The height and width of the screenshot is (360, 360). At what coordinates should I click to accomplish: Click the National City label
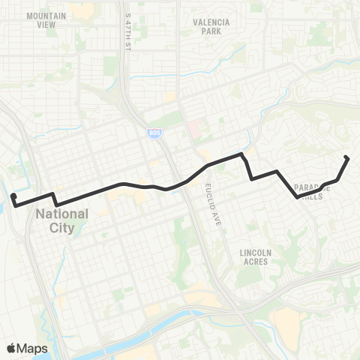(61, 220)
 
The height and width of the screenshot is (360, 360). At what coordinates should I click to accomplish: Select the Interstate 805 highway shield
(153, 133)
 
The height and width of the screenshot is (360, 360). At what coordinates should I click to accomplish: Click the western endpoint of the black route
(13, 196)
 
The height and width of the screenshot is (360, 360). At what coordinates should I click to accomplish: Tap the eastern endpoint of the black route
(346, 157)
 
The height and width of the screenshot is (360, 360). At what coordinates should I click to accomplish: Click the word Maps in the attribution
(33, 348)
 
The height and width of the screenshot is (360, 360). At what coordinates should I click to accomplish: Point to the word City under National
(62, 226)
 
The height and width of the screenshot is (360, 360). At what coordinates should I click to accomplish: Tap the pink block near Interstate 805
(193, 128)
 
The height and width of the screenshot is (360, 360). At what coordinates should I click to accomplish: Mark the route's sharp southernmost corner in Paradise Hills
(298, 197)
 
